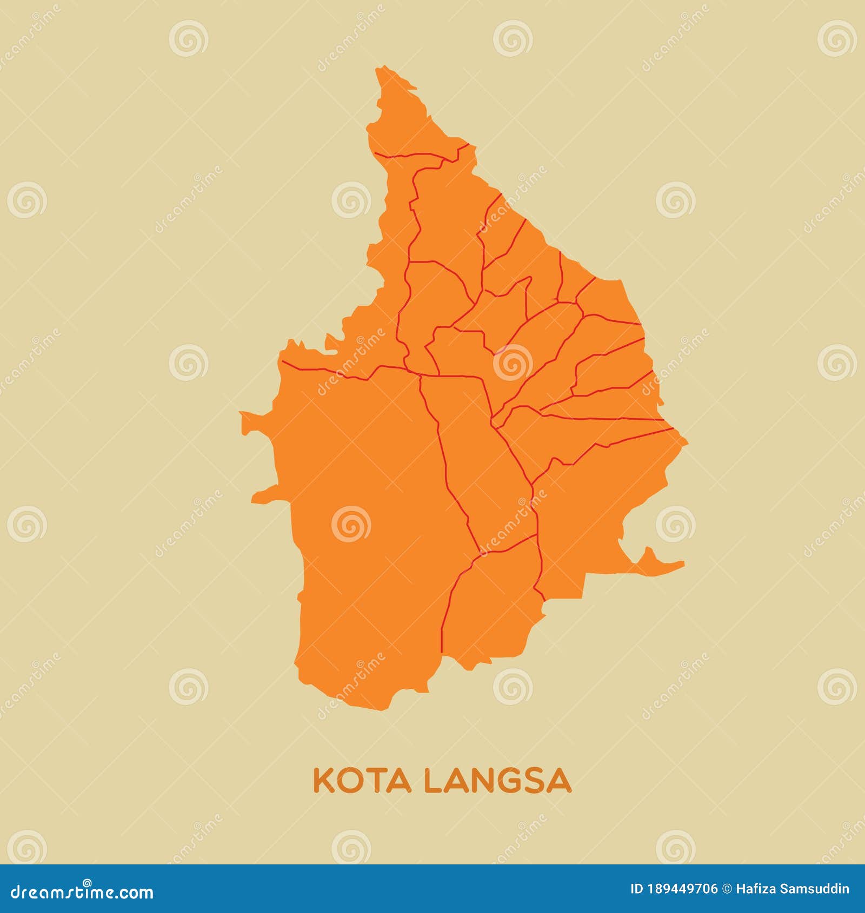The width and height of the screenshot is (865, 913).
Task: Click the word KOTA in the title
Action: click(x=361, y=781)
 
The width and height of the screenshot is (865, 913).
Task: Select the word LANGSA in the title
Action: click(x=497, y=781)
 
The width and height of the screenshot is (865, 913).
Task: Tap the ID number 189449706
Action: click(x=683, y=889)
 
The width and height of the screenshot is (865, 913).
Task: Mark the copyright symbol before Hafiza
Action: click(x=727, y=889)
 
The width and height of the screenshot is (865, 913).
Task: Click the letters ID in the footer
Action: click(x=637, y=889)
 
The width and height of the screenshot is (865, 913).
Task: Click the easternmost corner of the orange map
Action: click(x=687, y=442)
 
